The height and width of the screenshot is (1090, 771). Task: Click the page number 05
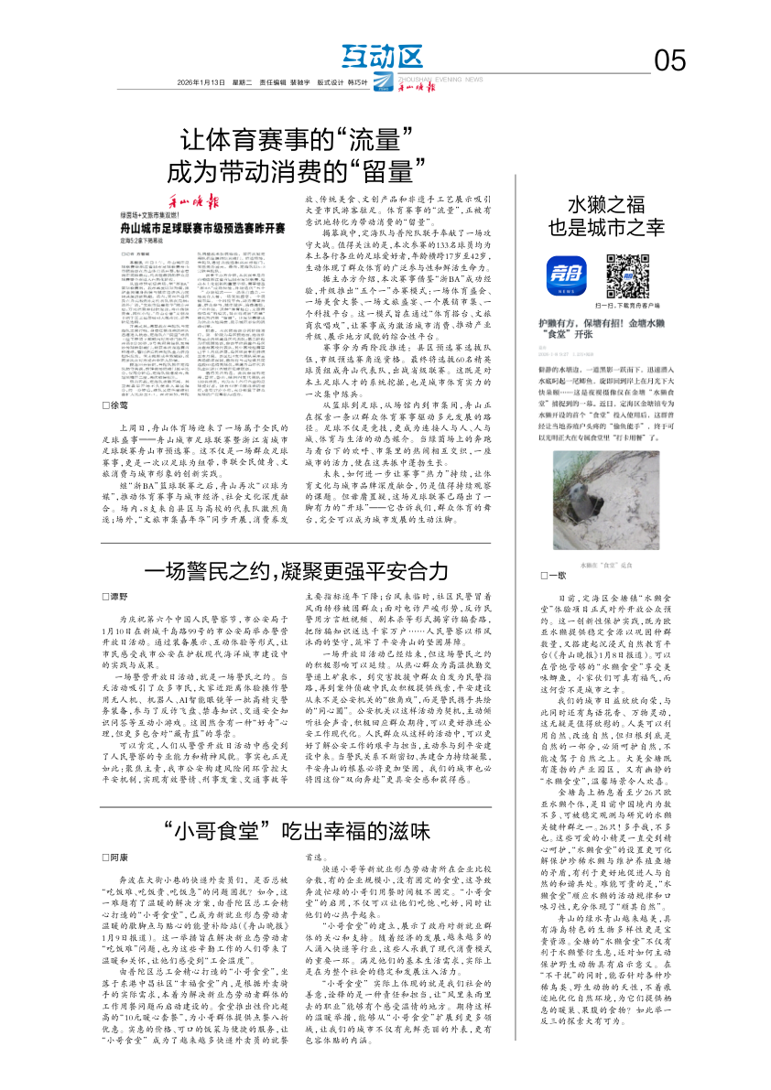(669, 60)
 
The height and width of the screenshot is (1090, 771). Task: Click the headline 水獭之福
(603, 202)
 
